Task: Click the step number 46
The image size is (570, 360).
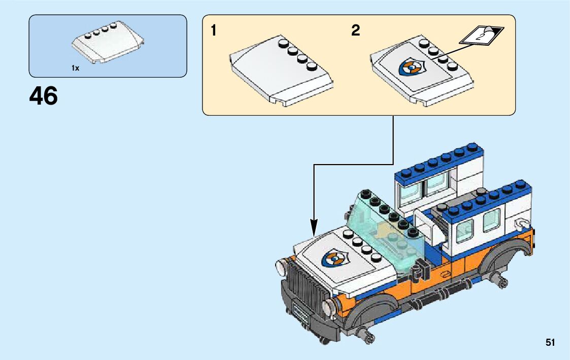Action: coord(44,96)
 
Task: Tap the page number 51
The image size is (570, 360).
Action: coord(550,343)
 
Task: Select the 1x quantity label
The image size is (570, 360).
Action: coord(75,68)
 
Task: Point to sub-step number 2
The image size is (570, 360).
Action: coord(355,31)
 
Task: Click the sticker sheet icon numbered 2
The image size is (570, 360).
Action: coord(482,36)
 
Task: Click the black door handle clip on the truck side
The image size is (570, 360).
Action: coord(419,273)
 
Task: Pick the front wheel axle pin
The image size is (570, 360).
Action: coord(367,334)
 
